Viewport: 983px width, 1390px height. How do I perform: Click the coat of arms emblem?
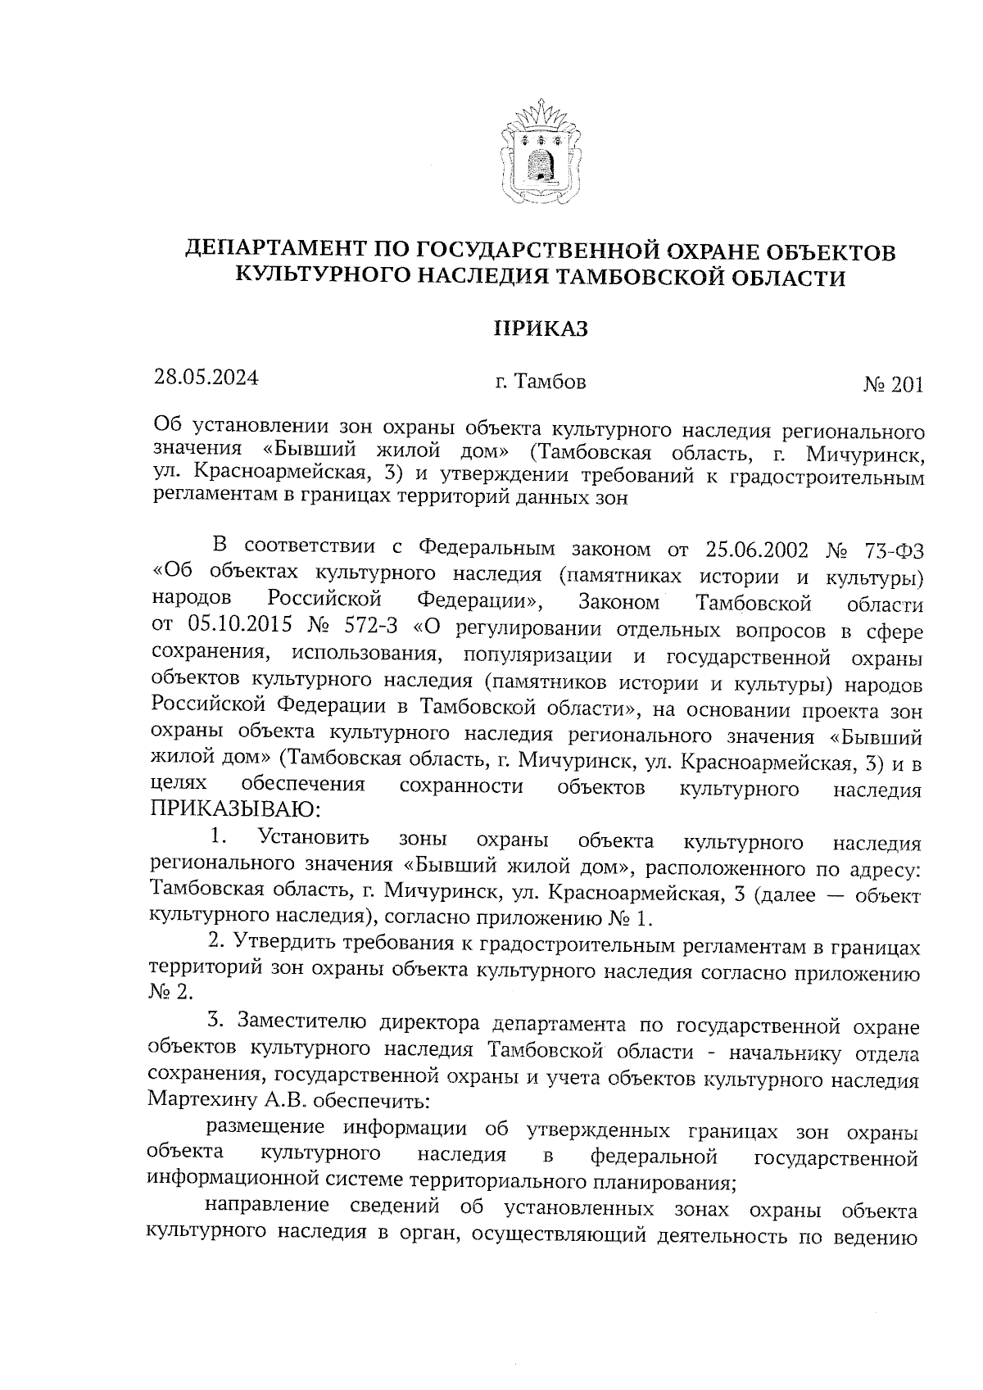(x=540, y=152)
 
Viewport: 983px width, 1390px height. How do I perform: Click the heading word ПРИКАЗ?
(x=540, y=329)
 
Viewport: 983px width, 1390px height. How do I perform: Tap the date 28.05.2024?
(x=206, y=378)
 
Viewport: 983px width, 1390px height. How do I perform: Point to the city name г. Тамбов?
(x=540, y=382)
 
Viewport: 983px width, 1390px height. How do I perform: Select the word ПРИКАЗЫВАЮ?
(x=233, y=811)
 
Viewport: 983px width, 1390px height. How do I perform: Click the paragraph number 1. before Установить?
(x=217, y=837)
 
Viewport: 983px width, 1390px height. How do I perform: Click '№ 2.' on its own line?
(x=172, y=993)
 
